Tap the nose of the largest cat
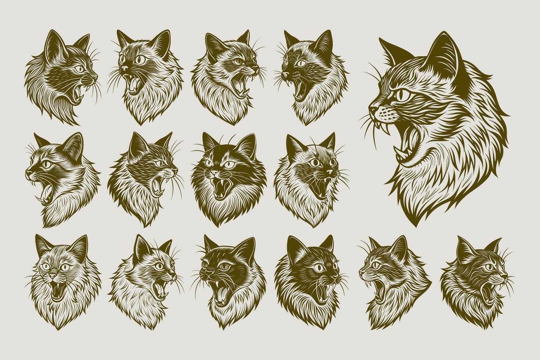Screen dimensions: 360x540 372,109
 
